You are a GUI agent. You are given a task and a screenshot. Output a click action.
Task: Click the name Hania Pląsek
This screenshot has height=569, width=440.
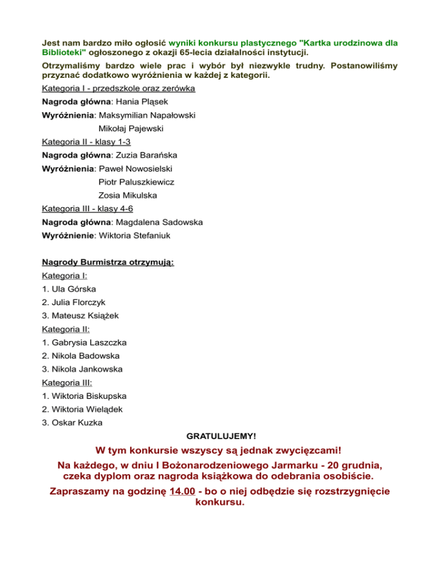point(141,102)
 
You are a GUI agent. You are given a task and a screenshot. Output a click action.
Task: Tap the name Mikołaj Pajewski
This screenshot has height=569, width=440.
point(131,129)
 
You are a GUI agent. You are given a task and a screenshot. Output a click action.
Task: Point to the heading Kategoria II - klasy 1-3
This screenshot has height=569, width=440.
point(90,142)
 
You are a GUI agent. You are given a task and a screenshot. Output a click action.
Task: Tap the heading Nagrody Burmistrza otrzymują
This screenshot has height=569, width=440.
point(108,263)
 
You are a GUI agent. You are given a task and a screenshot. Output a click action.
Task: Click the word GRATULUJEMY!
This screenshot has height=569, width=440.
point(220,436)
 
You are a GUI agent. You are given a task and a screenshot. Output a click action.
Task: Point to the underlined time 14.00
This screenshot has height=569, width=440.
point(183,491)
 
